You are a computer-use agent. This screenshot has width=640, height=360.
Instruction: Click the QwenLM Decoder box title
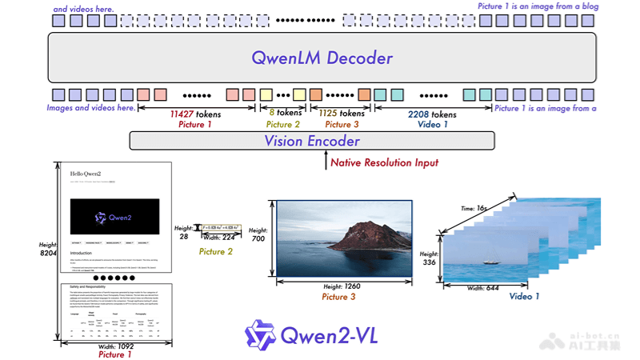pyautogui.click(x=322, y=58)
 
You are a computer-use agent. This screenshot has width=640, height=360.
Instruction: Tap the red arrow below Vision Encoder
pyautogui.click(x=327, y=162)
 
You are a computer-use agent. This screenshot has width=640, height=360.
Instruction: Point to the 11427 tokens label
pyautogui.click(x=195, y=114)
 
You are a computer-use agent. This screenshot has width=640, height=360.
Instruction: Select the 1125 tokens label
pyautogui.click(x=338, y=114)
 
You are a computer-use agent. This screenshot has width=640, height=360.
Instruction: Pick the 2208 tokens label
pyautogui.click(x=432, y=114)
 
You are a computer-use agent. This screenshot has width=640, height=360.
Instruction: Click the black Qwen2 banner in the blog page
pyautogui.click(x=115, y=215)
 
